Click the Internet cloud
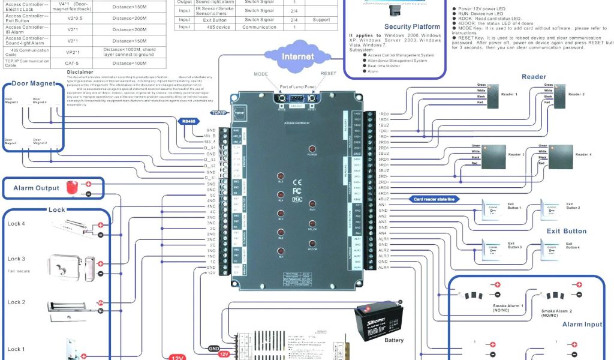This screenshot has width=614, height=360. pyautogui.click(x=297, y=57)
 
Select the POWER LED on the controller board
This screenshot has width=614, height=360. pyautogui.click(x=312, y=148)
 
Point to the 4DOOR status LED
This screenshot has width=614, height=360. pyautogui.click(x=312, y=243)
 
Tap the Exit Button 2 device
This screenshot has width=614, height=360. pyautogui.click(x=552, y=211)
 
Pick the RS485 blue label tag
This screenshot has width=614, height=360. pyautogui.click(x=188, y=121)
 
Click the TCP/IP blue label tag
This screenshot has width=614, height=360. pyautogui.click(x=219, y=113)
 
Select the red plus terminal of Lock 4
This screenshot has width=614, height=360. pyautogui.click(x=101, y=225)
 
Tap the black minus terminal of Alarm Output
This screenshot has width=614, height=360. pyautogui.click(x=89, y=194)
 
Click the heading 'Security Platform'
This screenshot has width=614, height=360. pyautogui.click(x=412, y=26)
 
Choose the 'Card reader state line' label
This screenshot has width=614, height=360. pyautogui.click(x=434, y=199)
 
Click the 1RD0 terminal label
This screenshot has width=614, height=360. pyautogui.click(x=384, y=113)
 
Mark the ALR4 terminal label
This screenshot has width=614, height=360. pyautogui.click(x=384, y=268)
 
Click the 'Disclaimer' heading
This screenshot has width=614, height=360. pyautogui.click(x=80, y=72)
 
